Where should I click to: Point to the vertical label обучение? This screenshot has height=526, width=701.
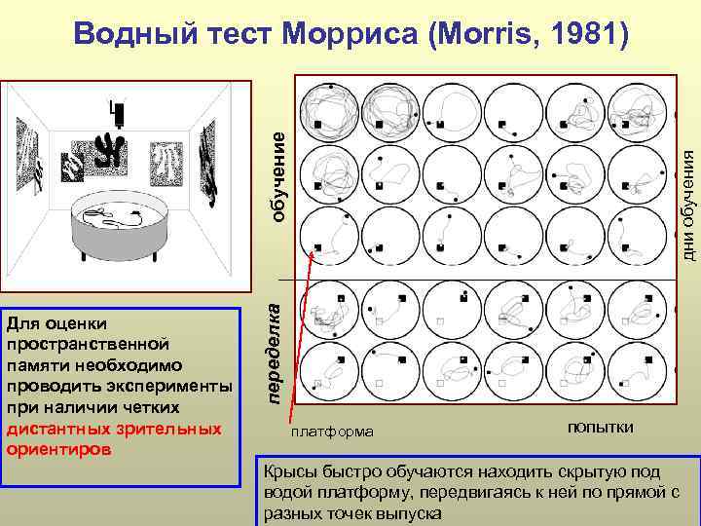[x=277, y=175]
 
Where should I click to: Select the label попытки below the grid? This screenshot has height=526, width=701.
[x=600, y=427]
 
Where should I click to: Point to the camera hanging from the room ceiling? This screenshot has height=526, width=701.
[x=119, y=112]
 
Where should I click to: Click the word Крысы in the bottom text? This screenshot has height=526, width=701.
[x=286, y=471]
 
